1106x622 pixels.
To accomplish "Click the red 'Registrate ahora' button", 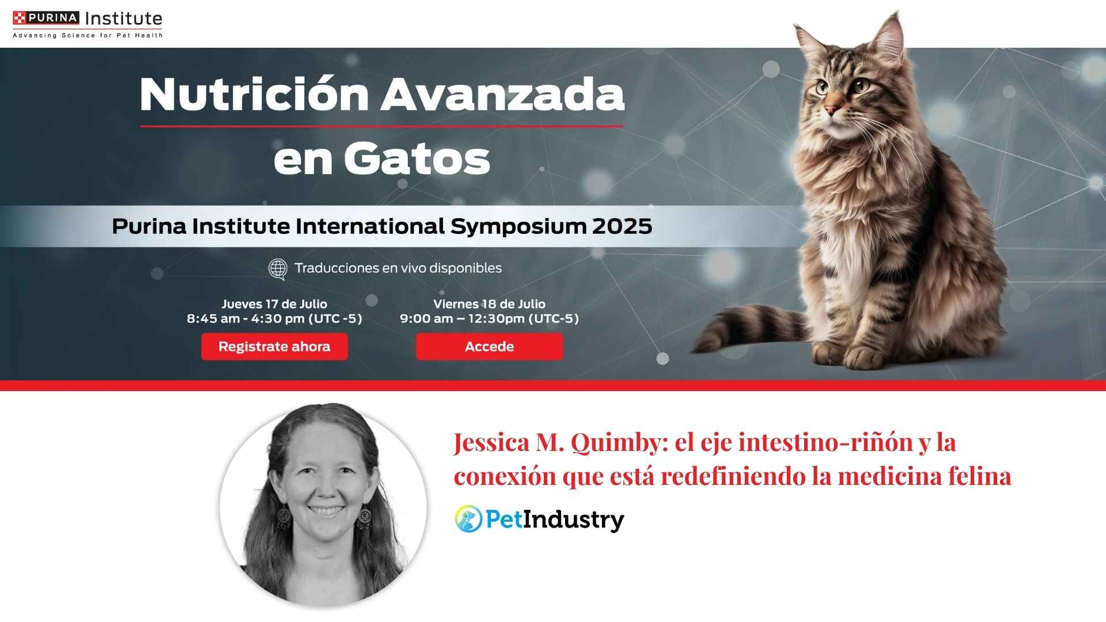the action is tap(274, 347).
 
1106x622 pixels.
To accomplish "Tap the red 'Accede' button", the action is tap(490, 347).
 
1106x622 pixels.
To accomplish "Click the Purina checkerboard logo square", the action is tap(19, 18).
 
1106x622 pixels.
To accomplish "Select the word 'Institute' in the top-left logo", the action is tap(123, 18).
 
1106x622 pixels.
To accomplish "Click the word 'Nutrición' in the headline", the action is tap(254, 94).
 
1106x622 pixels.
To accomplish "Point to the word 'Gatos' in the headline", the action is tap(417, 158).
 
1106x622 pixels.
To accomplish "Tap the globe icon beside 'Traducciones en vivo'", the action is tap(278, 268).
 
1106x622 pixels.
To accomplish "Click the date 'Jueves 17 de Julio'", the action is tap(274, 304).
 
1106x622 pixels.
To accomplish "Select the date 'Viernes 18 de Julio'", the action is tap(490, 304).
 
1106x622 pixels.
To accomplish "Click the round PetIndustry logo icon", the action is tap(468, 519).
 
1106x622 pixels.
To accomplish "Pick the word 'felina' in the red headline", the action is tap(980, 476).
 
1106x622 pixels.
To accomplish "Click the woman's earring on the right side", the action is tap(365, 517).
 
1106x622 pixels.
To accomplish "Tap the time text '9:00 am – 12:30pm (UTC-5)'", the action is tap(490, 318).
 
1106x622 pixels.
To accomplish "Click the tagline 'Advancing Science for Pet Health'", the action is tap(88, 36).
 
